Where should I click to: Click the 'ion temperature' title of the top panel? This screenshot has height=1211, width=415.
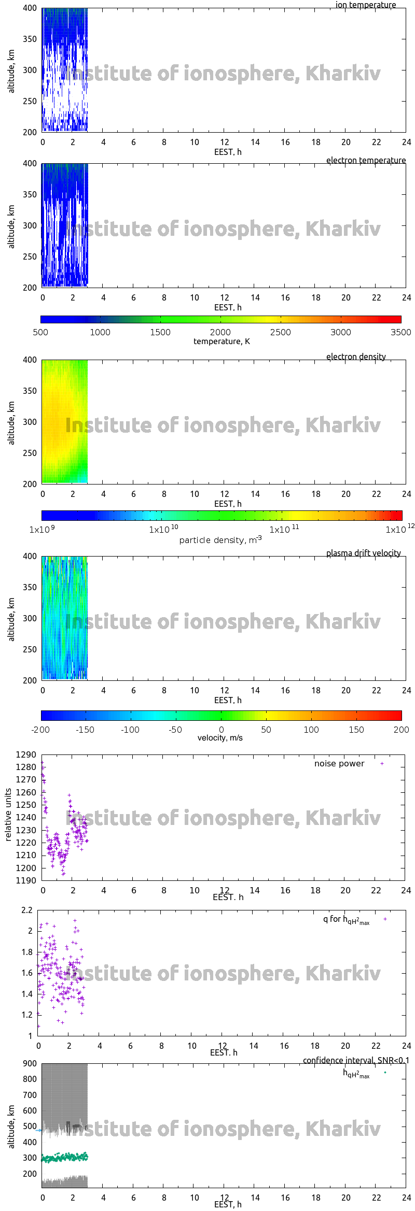(x=365, y=5)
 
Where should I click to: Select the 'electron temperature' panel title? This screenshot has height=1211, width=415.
(x=366, y=160)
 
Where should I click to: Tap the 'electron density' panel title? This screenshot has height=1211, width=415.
(x=356, y=357)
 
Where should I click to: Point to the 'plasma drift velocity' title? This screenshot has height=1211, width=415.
(x=363, y=553)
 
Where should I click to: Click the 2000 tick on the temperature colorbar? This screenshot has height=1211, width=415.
(x=220, y=332)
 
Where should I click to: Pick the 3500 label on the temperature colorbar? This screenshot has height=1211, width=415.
(x=400, y=332)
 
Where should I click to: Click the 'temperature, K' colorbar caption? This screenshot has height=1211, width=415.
(x=222, y=341)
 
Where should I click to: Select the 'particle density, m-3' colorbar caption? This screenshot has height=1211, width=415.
(x=220, y=540)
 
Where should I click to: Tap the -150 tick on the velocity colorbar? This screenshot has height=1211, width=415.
(x=85, y=730)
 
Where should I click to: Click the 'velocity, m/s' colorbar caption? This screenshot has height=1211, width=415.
(x=220, y=737)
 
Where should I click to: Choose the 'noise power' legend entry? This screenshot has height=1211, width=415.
(x=339, y=763)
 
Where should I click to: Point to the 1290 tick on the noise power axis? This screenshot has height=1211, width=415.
(x=26, y=754)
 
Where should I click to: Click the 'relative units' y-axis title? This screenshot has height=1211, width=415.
(x=8, y=815)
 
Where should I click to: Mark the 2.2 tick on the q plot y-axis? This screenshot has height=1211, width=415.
(x=27, y=910)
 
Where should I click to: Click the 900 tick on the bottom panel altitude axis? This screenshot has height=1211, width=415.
(x=30, y=1063)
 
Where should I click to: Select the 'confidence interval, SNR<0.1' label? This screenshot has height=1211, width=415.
(x=356, y=1060)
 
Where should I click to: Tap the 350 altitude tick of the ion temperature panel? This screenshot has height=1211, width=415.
(x=30, y=39)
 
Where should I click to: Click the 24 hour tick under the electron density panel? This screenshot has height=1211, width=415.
(x=406, y=494)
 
